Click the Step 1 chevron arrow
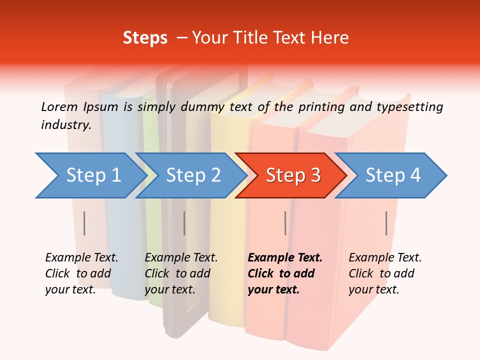[x=93, y=175]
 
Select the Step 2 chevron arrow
[x=193, y=175]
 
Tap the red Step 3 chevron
[x=293, y=175]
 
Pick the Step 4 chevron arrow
[x=393, y=175]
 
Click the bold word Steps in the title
[x=145, y=38]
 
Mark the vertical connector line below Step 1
[x=84, y=223]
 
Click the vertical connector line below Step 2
[x=184, y=223]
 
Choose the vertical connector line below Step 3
[x=285, y=223]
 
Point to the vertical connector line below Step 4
[x=386, y=223]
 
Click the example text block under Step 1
[x=81, y=273]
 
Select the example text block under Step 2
[x=181, y=273]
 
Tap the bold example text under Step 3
[x=284, y=273]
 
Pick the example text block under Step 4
[x=385, y=273]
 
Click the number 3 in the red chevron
[x=315, y=175]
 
